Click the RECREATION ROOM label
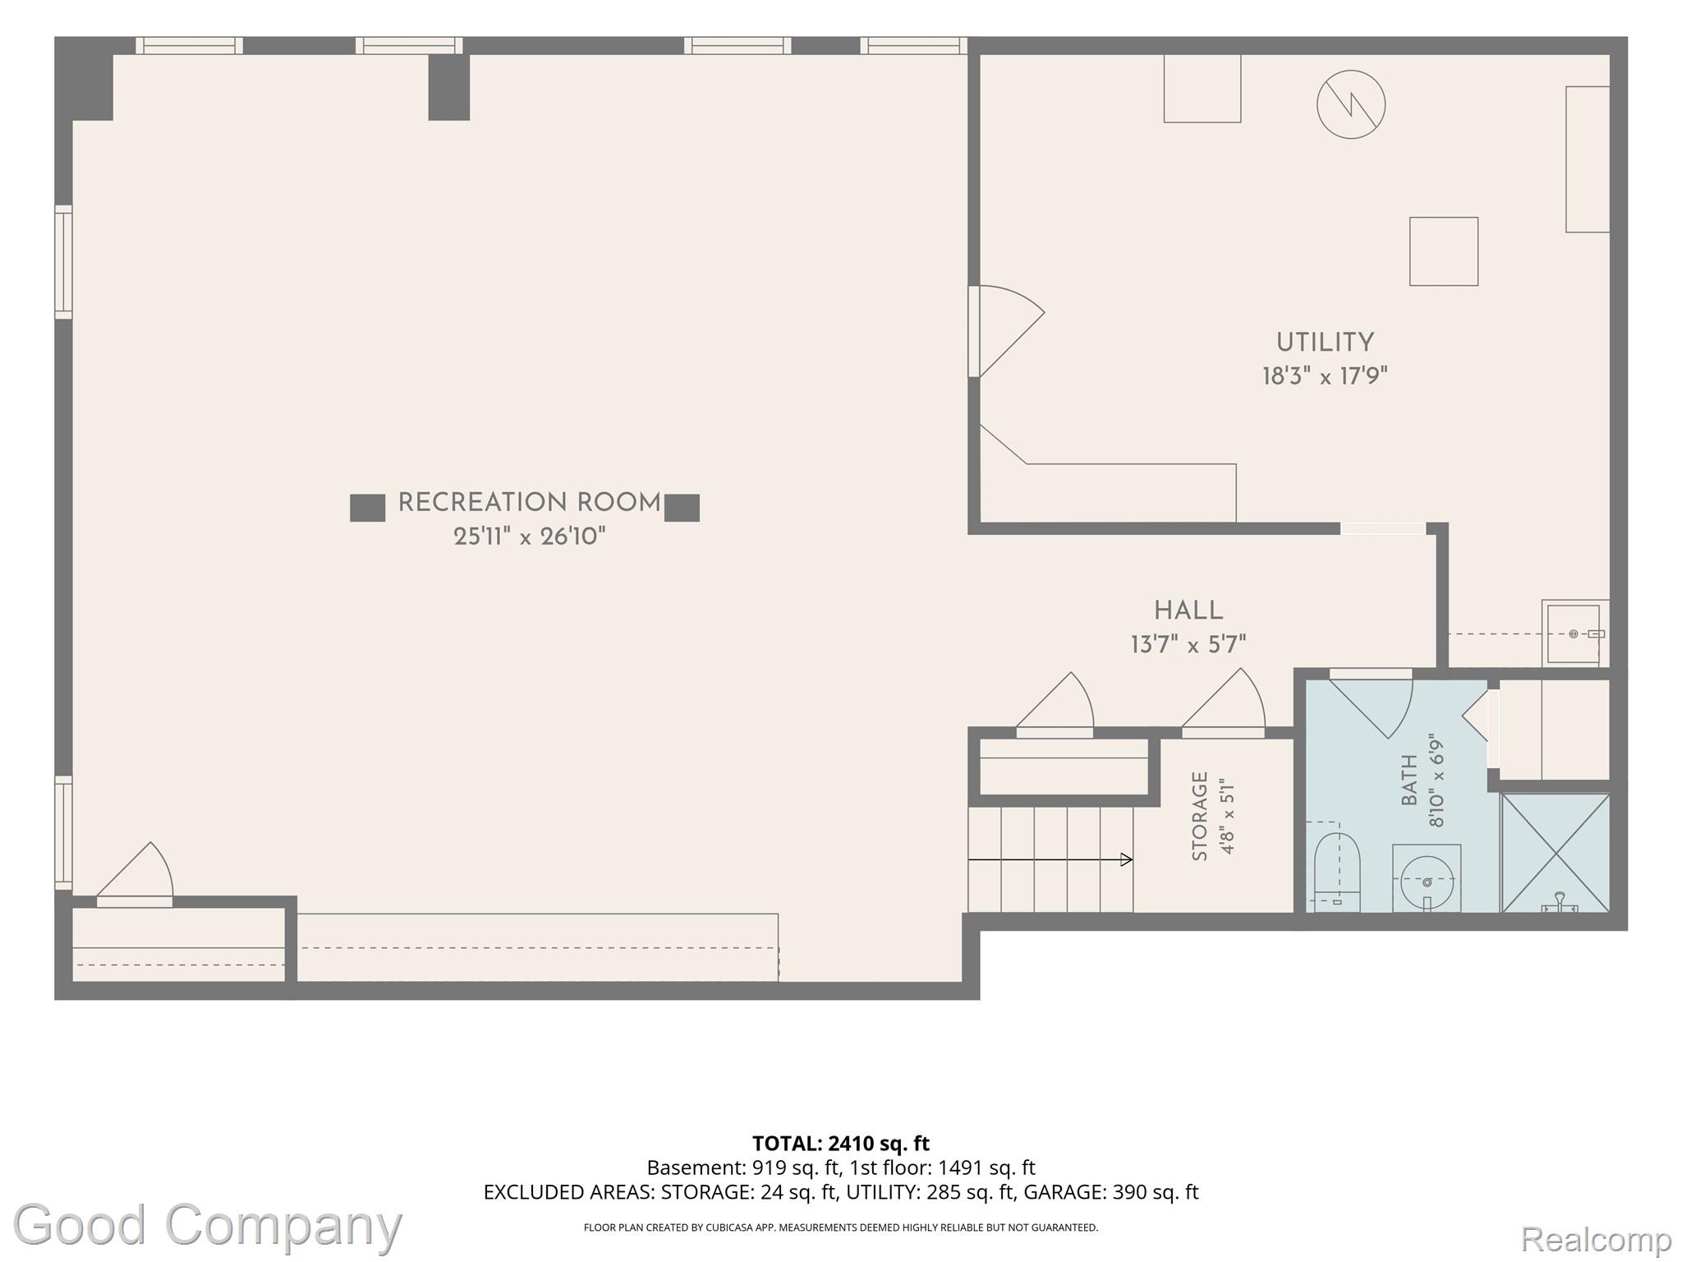[x=529, y=503]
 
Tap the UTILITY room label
[x=1325, y=343]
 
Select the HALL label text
[x=1188, y=610]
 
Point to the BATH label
[x=1409, y=780]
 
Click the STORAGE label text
[x=1200, y=816]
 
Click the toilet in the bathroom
[x=1337, y=872]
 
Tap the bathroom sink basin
[x=1427, y=880]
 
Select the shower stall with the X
[x=1556, y=853]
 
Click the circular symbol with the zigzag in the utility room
[x=1351, y=104]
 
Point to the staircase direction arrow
[x=1050, y=859]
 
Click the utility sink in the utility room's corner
[x=1574, y=633]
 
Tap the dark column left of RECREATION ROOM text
[x=367, y=508]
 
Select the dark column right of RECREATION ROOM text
[x=682, y=508]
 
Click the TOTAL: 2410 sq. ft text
[x=841, y=1144]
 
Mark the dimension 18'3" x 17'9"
[x=1325, y=376]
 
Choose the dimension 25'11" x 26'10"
[x=530, y=537]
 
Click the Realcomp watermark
[x=1596, y=1238]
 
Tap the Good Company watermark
[x=207, y=1225]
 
